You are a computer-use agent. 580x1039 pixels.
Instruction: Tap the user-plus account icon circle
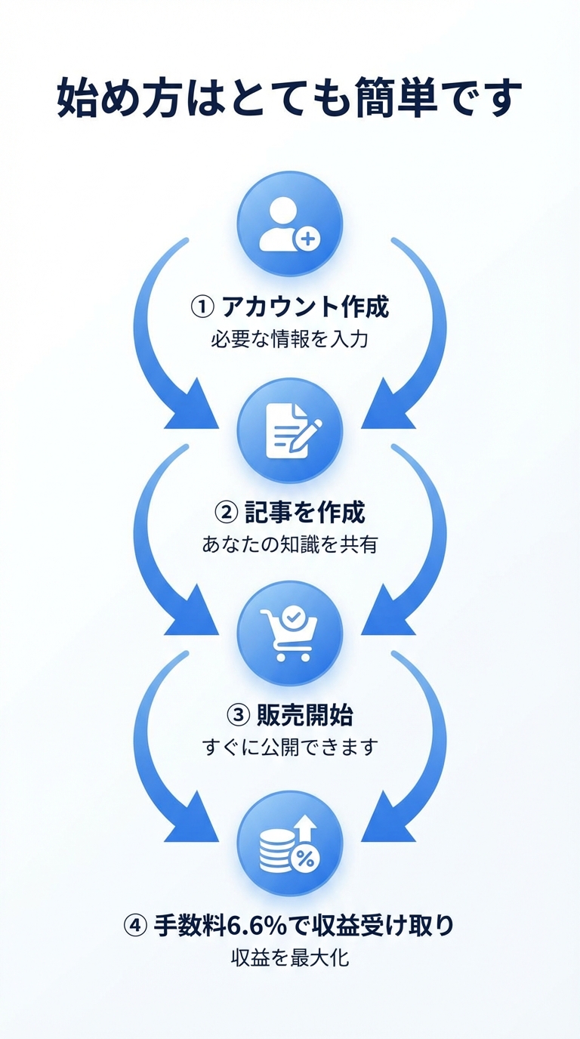(x=290, y=224)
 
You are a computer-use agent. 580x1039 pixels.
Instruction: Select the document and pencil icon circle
(x=290, y=431)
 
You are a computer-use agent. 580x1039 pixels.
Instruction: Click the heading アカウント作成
(x=304, y=307)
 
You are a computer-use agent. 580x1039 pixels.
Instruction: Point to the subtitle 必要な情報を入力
(x=290, y=339)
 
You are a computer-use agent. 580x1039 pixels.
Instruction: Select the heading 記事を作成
(x=305, y=513)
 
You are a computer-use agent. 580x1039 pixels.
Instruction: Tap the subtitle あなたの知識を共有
(x=290, y=544)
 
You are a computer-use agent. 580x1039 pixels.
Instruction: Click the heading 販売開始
(x=305, y=714)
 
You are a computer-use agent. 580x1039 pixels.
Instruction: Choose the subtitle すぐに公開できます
(x=290, y=747)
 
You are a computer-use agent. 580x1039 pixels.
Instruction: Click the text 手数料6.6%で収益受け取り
(x=304, y=925)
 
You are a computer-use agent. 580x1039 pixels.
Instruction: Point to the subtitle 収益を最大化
(x=290, y=959)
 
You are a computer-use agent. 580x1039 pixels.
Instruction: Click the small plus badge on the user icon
(x=307, y=240)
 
